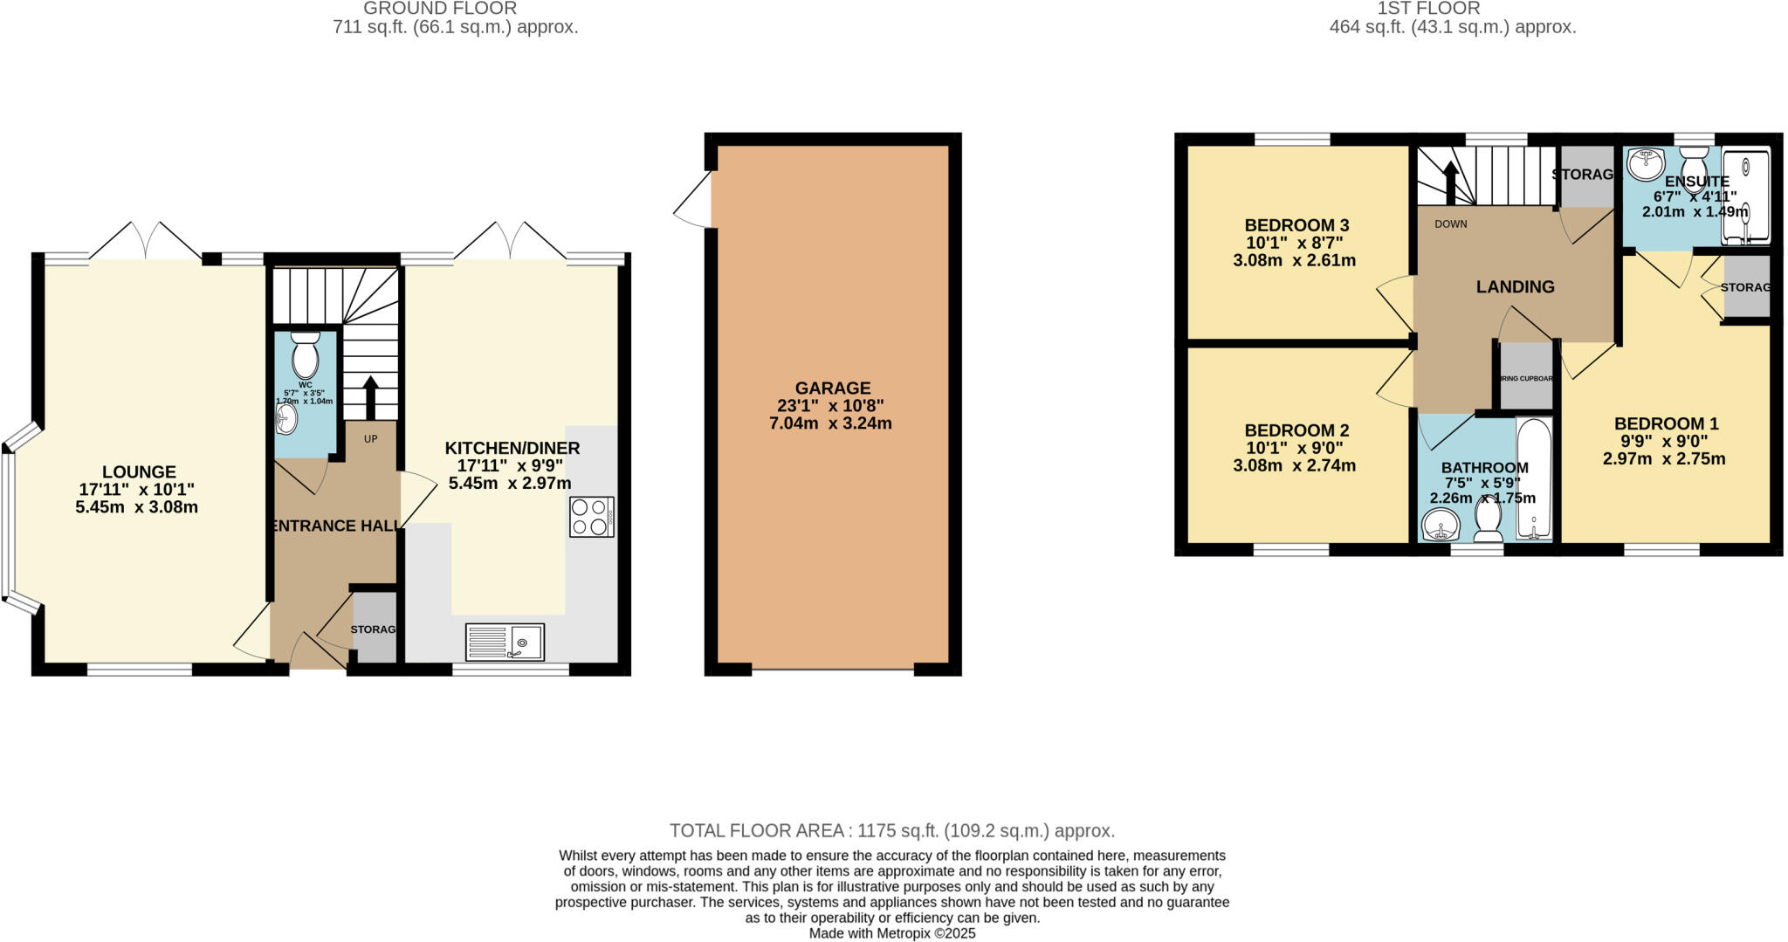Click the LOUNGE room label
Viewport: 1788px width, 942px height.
click(x=139, y=472)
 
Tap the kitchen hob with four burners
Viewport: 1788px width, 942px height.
click(x=592, y=516)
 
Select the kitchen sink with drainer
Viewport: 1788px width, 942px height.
click(x=505, y=643)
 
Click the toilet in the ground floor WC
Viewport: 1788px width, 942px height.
click(x=305, y=355)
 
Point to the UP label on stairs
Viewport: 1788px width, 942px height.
click(x=371, y=439)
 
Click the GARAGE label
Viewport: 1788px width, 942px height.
click(x=833, y=388)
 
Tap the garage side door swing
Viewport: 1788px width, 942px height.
click(x=694, y=208)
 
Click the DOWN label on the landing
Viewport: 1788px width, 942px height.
click(x=1451, y=224)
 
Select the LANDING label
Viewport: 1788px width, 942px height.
click(x=1515, y=286)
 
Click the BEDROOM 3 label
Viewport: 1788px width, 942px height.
click(x=1296, y=225)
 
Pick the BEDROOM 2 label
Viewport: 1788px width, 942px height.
click(x=1296, y=430)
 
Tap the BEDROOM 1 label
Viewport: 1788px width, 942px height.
click(x=1666, y=424)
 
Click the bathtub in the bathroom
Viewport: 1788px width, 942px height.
click(x=1534, y=478)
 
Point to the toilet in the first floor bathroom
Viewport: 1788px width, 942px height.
click(x=1489, y=519)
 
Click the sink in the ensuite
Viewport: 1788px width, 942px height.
click(x=1646, y=162)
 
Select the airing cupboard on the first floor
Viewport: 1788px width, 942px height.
click(x=1526, y=376)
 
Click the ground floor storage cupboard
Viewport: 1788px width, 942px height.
click(x=374, y=629)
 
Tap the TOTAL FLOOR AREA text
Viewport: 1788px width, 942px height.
click(x=892, y=830)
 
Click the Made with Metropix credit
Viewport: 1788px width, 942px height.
click(x=892, y=933)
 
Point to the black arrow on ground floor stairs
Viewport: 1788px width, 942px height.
click(x=370, y=396)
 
